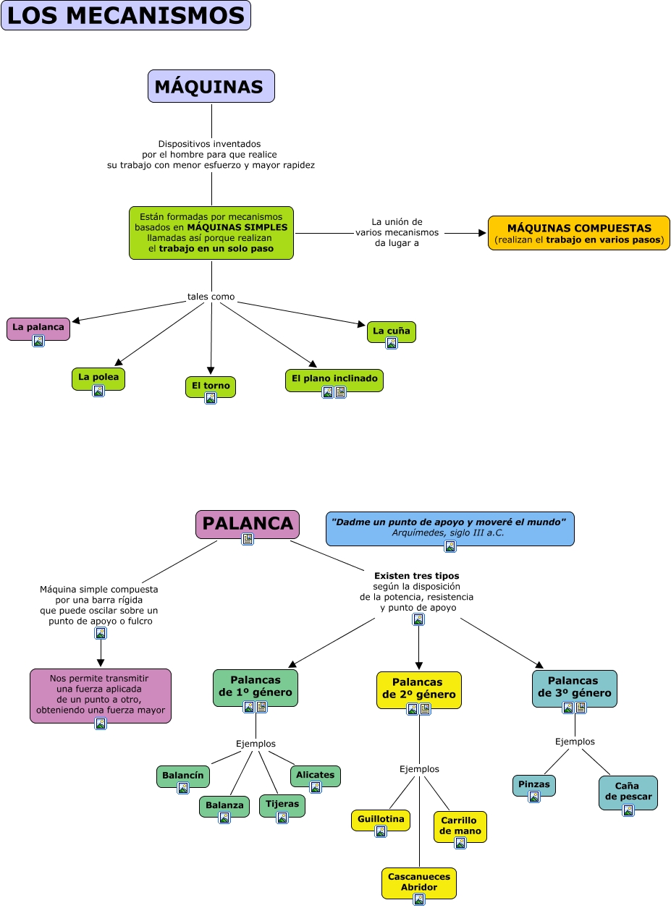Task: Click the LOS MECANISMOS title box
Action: coord(125,15)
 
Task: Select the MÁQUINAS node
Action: coord(211,87)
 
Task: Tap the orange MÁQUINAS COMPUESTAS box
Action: coord(578,233)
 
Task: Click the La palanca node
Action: coord(38,327)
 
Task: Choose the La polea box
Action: coord(98,377)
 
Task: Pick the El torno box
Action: coord(210,385)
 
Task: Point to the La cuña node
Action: coord(391,331)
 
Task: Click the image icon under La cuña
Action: coord(392,344)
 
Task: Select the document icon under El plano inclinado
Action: coord(340,392)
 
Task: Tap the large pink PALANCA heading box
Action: coord(247,523)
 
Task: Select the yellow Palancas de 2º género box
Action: coord(418,688)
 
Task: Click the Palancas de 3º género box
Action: coord(574,686)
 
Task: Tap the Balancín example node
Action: coord(183,775)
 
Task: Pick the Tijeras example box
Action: coord(282,804)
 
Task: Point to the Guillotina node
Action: coord(381,819)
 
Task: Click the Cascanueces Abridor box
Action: coord(418,881)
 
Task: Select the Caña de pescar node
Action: coord(628,791)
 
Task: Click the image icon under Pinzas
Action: coord(534,797)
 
